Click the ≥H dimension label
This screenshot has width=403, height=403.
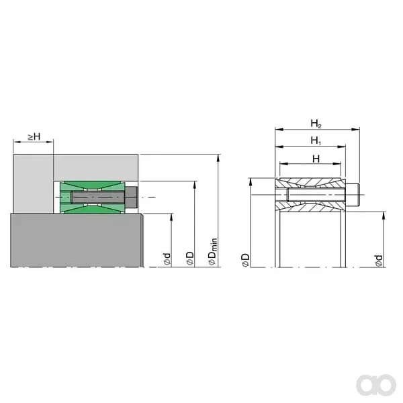click(34, 136)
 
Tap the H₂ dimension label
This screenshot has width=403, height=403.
click(316, 124)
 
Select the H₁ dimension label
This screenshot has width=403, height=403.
click(316, 140)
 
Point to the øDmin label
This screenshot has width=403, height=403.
click(213, 251)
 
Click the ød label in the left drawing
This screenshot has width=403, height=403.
click(167, 259)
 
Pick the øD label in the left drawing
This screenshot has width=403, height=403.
click(190, 258)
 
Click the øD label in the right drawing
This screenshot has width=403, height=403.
click(245, 260)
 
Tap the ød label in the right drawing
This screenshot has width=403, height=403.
click(379, 261)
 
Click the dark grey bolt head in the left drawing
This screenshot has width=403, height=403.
click(132, 197)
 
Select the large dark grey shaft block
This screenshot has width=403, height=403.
click(77, 240)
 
